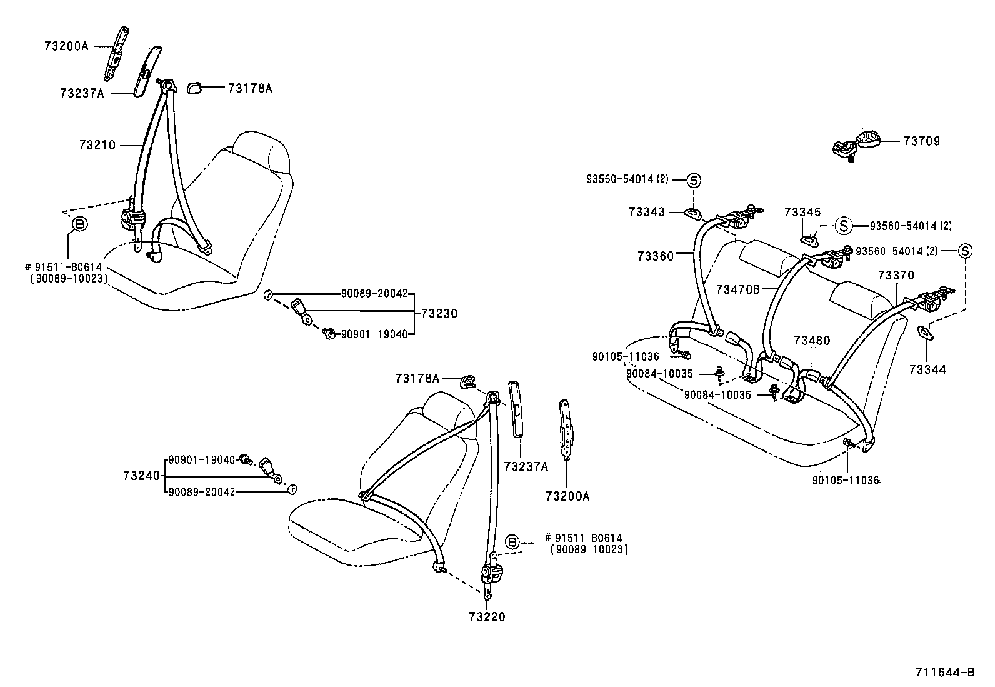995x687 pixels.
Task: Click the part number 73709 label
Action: tap(921, 141)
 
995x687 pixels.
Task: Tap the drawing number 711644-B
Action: tap(944, 673)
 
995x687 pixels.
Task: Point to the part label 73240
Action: tap(141, 476)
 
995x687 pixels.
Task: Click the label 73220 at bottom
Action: tap(486, 617)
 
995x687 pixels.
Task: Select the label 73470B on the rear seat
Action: tap(737, 289)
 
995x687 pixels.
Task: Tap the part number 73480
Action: tap(812, 341)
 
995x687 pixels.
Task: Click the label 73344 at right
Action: tap(927, 370)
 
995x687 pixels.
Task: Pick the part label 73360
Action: tap(656, 256)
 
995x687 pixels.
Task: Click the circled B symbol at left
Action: tap(80, 224)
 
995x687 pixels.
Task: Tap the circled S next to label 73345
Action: tap(844, 226)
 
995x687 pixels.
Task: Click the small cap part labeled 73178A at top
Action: tap(194, 88)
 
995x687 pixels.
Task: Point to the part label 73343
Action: tap(647, 213)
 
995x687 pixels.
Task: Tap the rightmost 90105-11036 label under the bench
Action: tap(846, 481)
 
